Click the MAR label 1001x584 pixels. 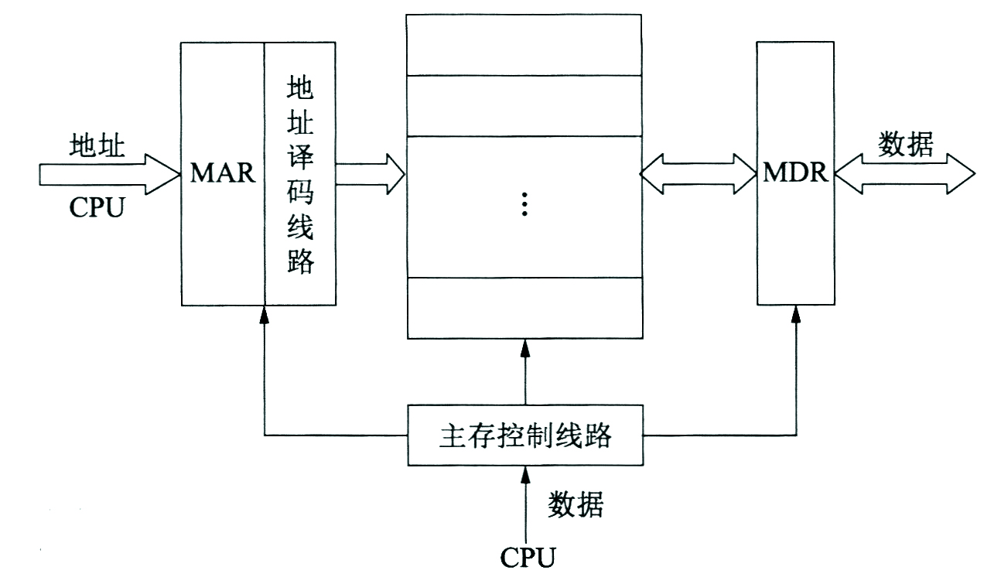(223, 172)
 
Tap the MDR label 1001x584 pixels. (795, 172)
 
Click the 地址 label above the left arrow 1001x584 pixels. (97, 146)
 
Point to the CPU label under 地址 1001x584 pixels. (97, 207)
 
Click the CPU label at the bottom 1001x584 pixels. (528, 556)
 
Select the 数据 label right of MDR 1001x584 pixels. (906, 144)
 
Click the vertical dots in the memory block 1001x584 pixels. (524, 204)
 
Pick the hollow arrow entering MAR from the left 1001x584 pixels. (108, 174)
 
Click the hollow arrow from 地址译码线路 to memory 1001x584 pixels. (371, 174)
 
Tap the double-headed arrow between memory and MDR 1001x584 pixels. (699, 174)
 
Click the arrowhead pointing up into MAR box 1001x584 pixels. (265, 314)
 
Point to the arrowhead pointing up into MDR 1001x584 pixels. (795, 314)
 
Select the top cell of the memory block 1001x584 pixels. (524, 44)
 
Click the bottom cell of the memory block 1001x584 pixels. (524, 307)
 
